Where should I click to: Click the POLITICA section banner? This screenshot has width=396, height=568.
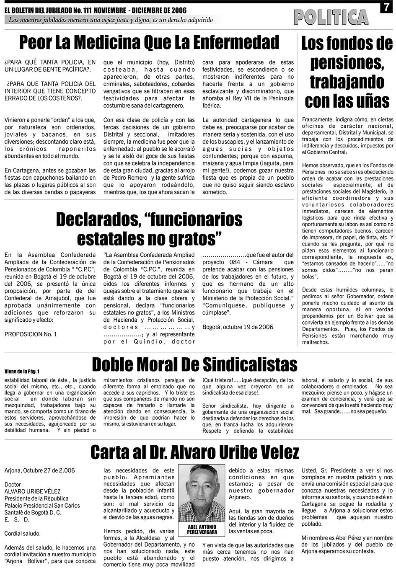(x=331, y=17)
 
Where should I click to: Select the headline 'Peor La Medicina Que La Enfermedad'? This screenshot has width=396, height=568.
(x=149, y=42)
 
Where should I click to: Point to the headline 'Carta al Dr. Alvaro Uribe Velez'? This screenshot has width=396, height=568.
(x=195, y=452)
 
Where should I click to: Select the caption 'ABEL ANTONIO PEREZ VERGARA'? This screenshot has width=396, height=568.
(x=202, y=529)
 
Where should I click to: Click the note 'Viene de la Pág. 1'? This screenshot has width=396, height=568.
(x=22, y=371)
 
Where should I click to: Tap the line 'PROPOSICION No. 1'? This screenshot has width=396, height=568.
(x=31, y=334)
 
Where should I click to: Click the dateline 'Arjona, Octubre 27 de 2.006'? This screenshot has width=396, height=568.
(x=40, y=470)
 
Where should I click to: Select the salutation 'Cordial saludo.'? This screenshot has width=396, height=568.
(x=23, y=534)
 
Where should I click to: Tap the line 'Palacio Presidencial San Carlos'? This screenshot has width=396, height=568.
(x=42, y=505)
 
